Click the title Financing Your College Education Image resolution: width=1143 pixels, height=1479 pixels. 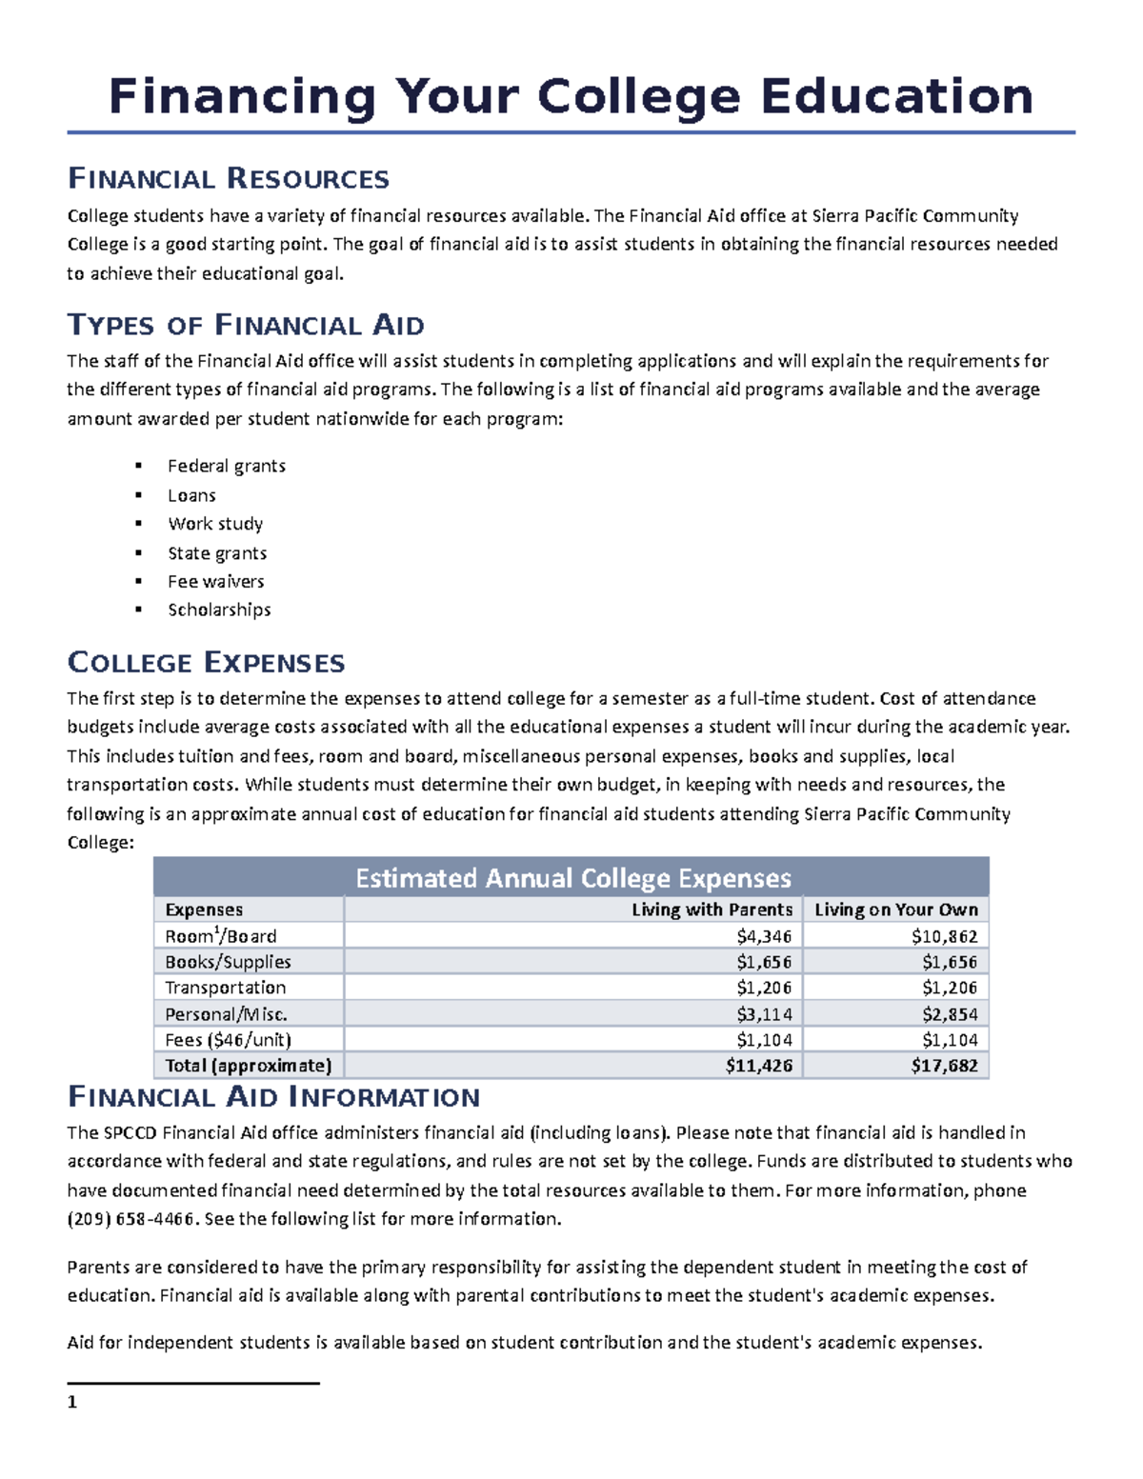point(571,97)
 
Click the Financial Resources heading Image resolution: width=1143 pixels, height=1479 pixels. point(228,179)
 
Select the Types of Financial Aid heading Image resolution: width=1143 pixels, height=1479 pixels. point(245,326)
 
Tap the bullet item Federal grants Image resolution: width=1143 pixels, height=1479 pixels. point(226,466)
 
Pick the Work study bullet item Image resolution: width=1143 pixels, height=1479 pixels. point(215,524)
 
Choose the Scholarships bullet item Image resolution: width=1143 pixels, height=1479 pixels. point(219,610)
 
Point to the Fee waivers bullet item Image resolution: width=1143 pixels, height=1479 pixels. point(215,581)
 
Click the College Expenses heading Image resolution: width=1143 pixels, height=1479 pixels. point(206,663)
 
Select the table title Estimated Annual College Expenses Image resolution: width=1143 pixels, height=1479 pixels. point(572,878)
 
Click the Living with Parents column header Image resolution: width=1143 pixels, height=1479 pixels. point(712,909)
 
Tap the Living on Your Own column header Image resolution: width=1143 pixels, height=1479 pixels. point(895,909)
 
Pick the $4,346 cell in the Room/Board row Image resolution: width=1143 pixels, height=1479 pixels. point(764,936)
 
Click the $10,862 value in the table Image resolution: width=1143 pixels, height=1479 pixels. point(944,936)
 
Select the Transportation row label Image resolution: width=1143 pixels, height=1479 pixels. point(225,988)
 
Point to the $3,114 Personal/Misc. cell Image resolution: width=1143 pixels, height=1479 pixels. point(764,1014)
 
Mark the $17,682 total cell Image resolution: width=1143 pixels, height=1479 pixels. point(944,1066)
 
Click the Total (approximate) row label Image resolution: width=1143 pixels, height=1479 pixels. point(248,1066)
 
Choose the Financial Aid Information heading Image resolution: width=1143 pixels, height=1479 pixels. point(273,1097)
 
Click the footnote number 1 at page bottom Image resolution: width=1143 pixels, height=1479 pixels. point(72,1402)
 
